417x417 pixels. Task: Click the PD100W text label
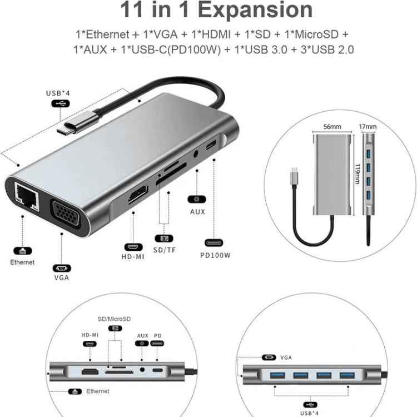pyautogui.click(x=215, y=256)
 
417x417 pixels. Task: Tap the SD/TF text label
pyautogui.click(x=165, y=251)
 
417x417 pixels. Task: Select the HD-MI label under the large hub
pyautogui.click(x=133, y=257)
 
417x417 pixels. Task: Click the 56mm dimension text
pyautogui.click(x=332, y=127)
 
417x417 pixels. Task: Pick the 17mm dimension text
pyautogui.click(x=368, y=127)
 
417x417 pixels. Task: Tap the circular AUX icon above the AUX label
pyautogui.click(x=195, y=198)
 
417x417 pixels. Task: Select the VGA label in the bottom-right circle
pyautogui.click(x=286, y=358)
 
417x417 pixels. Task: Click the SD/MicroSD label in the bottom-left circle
pyautogui.click(x=114, y=319)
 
